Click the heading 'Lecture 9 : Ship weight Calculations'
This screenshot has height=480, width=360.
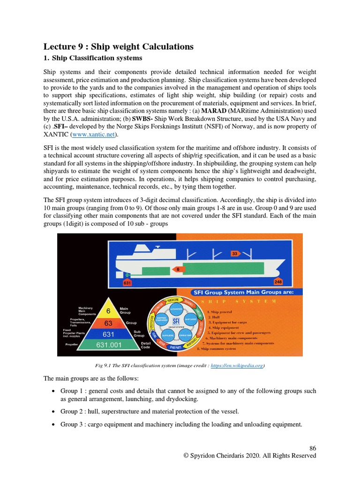point(118,46)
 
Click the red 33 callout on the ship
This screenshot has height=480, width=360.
point(234,254)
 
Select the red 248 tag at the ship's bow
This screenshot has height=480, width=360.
point(278,282)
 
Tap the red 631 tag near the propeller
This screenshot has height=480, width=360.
point(127,283)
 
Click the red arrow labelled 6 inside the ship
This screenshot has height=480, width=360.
point(178,270)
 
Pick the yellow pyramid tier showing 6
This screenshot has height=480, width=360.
point(108,311)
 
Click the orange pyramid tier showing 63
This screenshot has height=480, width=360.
point(108,323)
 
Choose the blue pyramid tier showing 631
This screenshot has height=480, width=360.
point(108,334)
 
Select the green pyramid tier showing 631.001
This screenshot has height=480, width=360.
point(108,345)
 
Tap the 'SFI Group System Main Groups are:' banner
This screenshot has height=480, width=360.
point(245,292)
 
